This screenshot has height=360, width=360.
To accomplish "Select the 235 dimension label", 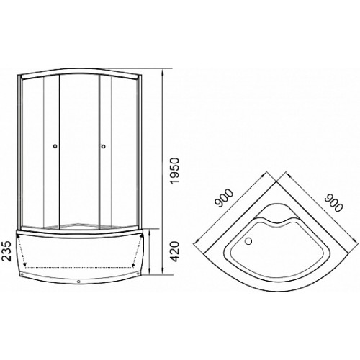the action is point(6,251).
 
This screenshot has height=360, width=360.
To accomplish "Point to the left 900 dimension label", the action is point(224,198).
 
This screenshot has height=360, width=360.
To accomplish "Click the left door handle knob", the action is point(55,145).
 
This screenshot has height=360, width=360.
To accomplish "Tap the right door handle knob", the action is point(104,145).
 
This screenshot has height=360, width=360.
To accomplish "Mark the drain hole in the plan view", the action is point(249,240).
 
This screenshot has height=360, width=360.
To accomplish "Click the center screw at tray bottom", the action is point(78,282).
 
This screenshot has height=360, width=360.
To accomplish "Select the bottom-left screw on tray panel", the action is point(22,274).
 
